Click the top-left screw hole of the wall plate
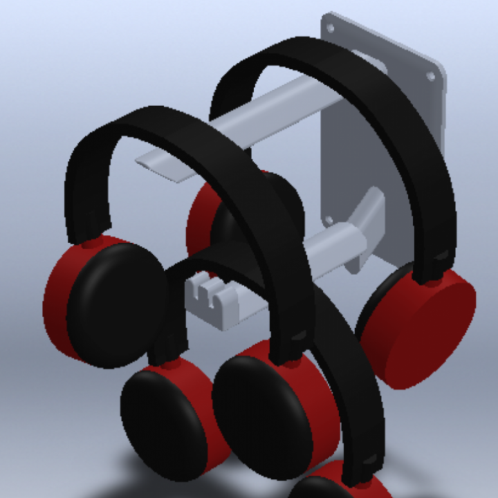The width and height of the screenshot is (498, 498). tap(330, 28)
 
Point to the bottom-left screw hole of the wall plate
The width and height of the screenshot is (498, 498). tap(328, 221)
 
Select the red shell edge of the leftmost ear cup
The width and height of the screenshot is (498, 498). tap(55, 297)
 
